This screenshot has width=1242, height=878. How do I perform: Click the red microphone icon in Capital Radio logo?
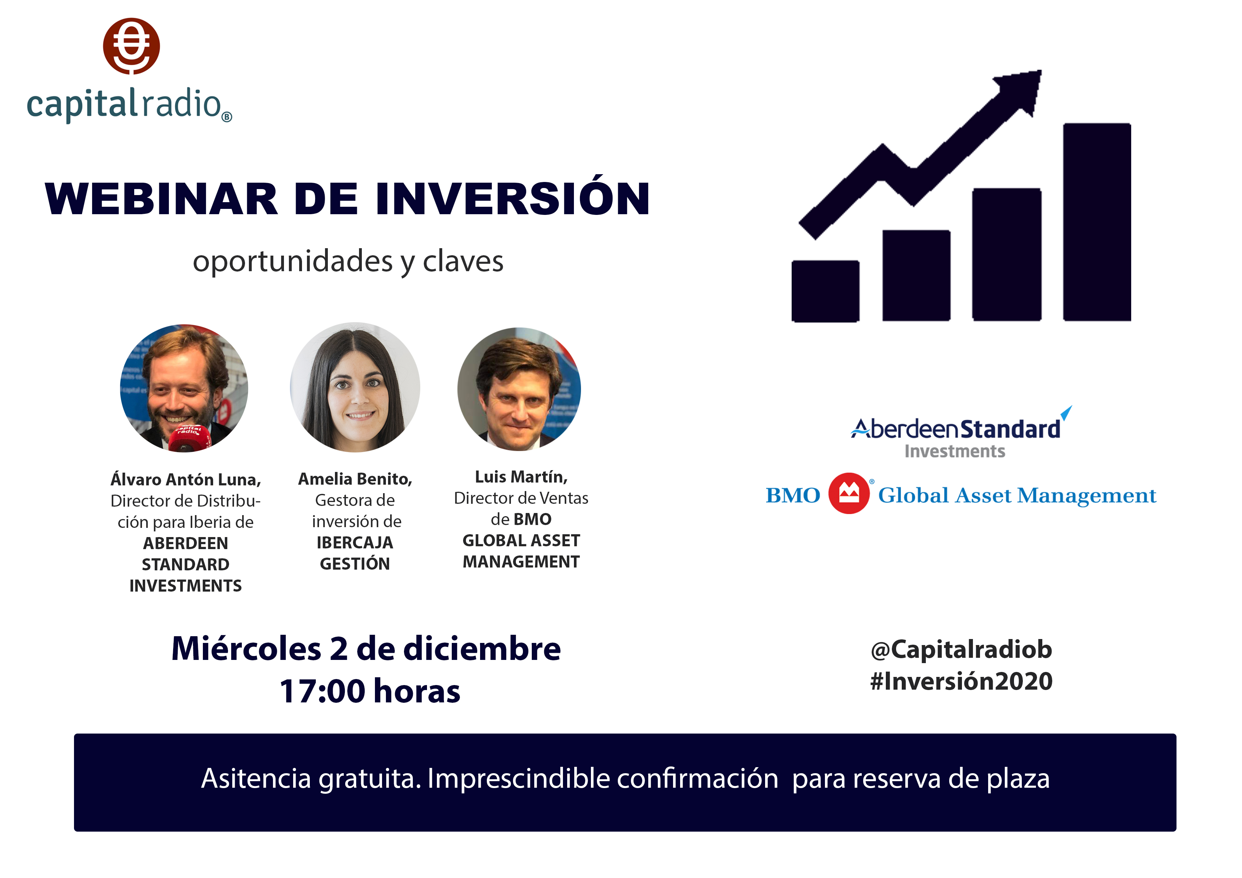(131, 46)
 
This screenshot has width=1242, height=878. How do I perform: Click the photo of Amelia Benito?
(355, 387)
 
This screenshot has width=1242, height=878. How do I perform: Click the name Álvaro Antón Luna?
(186, 480)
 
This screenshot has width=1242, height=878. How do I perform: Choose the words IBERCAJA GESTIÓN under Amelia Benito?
(355, 553)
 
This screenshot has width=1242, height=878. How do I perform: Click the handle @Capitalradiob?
(961, 650)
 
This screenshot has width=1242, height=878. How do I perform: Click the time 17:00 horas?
(370, 691)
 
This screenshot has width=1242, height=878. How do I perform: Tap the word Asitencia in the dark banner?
(256, 779)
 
